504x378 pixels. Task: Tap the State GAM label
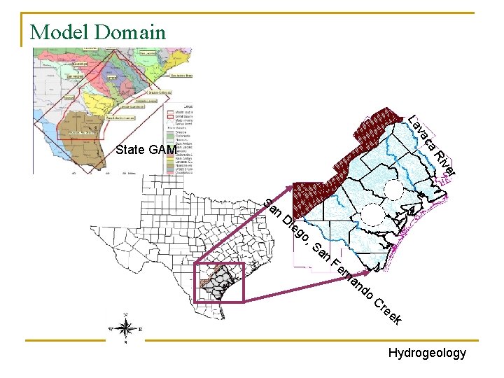pos(146,149)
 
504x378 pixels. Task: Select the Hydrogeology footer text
pos(427,353)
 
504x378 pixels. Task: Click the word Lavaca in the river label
pos(422,133)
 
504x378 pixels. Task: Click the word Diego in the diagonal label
pos(295,227)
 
